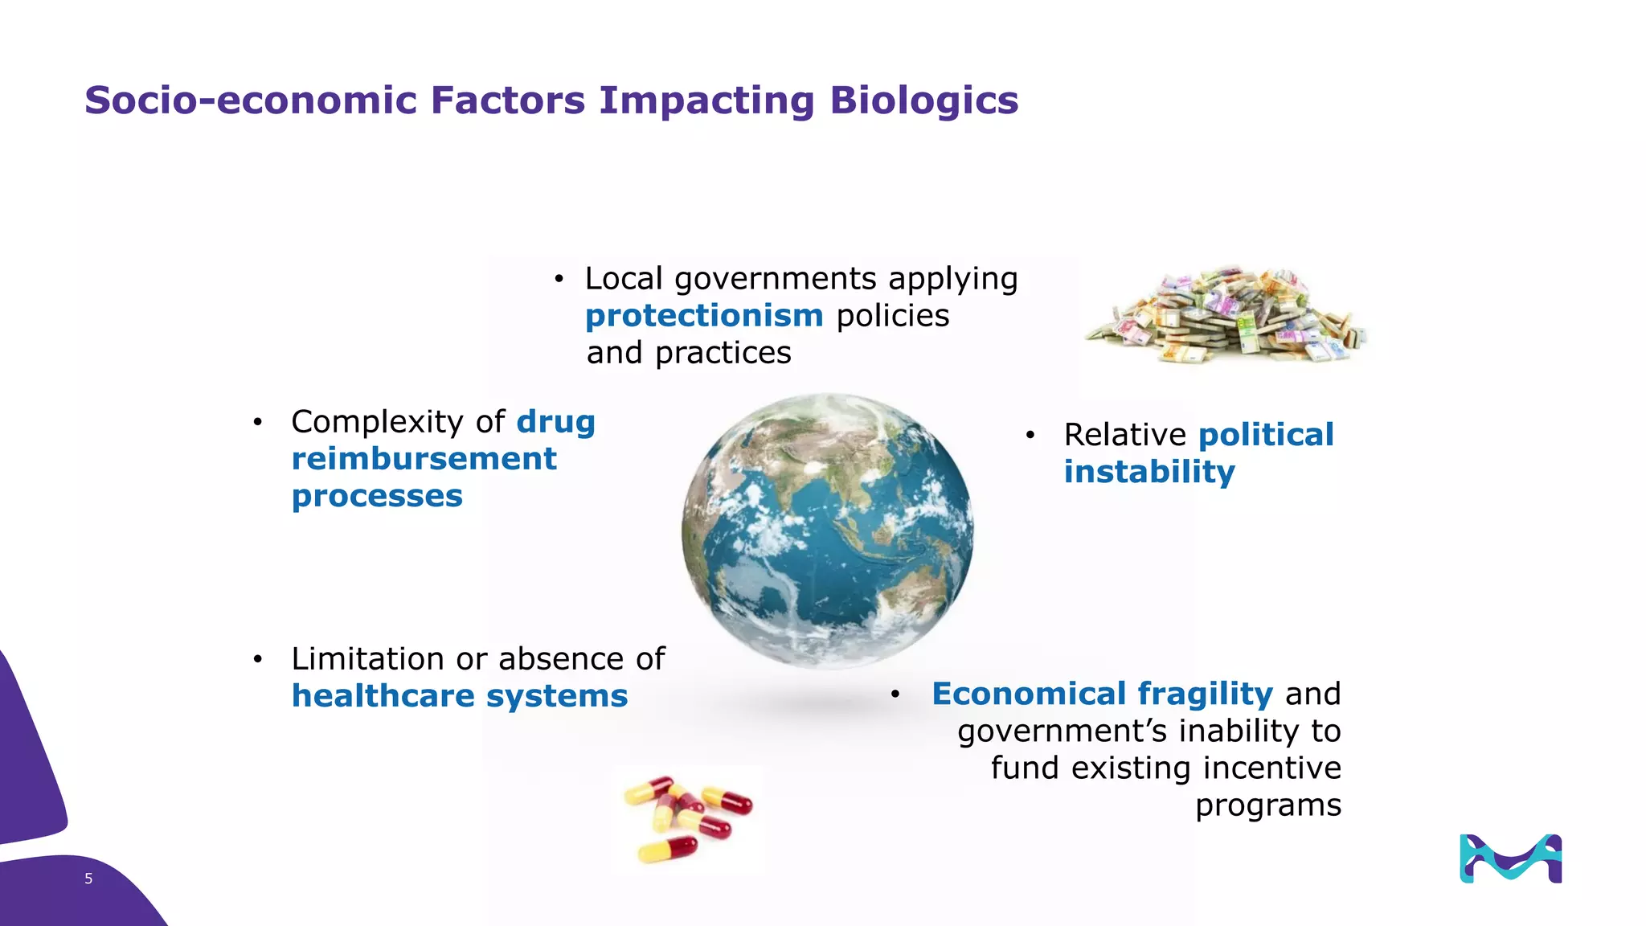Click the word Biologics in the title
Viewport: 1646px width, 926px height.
point(923,101)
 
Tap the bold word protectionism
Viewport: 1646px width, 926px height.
point(704,316)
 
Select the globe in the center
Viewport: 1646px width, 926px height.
point(827,530)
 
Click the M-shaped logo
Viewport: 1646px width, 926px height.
point(1510,858)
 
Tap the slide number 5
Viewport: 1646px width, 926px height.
point(88,879)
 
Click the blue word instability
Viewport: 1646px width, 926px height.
point(1149,472)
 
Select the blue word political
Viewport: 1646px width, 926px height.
point(1266,435)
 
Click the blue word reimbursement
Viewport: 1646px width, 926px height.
point(424,459)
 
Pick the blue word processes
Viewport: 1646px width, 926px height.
point(377,496)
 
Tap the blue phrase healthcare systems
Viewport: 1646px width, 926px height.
point(459,696)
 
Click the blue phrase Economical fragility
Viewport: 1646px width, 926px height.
point(1102,694)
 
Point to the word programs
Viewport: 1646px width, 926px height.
point(1267,805)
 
